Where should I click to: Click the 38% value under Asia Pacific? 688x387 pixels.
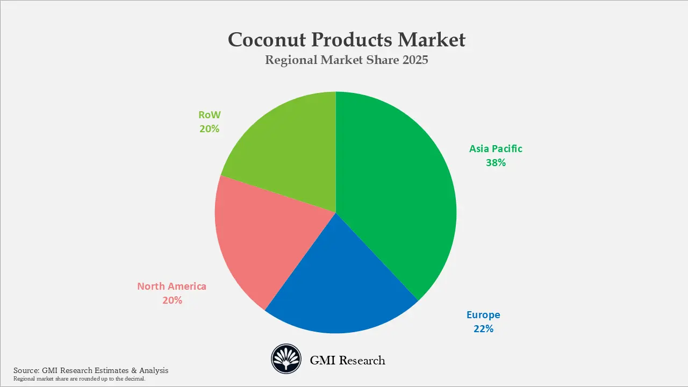(x=496, y=162)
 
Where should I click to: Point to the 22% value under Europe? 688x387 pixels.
(x=483, y=328)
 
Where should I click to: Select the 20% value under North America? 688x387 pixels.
(x=172, y=300)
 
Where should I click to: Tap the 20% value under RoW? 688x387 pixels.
(x=209, y=128)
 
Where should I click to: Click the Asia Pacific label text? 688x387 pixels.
(x=496, y=149)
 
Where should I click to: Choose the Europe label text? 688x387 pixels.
(x=483, y=315)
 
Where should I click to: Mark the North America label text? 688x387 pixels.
(x=171, y=286)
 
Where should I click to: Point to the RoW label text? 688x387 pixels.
(x=209, y=115)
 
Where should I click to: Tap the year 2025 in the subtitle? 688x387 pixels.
(x=414, y=60)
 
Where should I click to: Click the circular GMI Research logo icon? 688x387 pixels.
(x=285, y=359)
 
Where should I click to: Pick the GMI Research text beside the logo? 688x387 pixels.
(x=347, y=360)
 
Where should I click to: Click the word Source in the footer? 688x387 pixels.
(x=26, y=370)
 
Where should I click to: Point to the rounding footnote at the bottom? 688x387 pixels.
(x=79, y=379)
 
